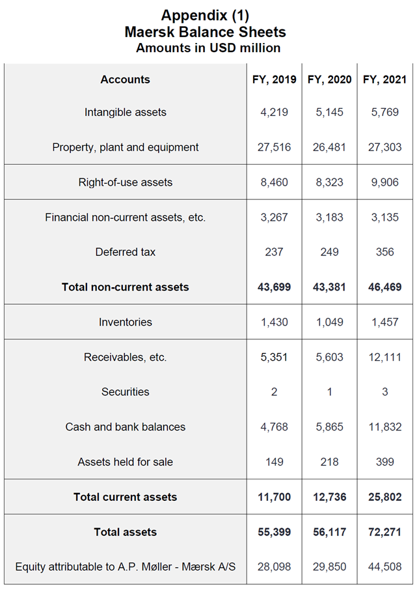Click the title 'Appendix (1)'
coord(205,15)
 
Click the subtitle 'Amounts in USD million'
coord(208,48)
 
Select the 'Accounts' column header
coord(125,79)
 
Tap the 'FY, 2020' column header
coord(329,79)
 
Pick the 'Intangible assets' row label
coord(125,112)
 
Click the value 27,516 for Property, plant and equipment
coord(274,147)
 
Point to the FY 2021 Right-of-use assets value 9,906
coord(384,182)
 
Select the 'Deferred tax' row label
coord(125,252)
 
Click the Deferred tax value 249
coord(329,252)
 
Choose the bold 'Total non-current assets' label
coord(125,287)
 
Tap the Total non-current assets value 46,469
coord(384,287)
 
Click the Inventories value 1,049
coord(329,322)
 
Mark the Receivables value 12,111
coord(384,357)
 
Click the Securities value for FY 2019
coord(274,392)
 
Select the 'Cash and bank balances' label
coord(125,427)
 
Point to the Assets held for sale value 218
coord(329,462)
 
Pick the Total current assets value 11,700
coord(274,497)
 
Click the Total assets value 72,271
coord(384,532)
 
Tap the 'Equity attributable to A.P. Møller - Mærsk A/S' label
coord(125,567)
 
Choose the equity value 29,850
coord(329,567)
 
